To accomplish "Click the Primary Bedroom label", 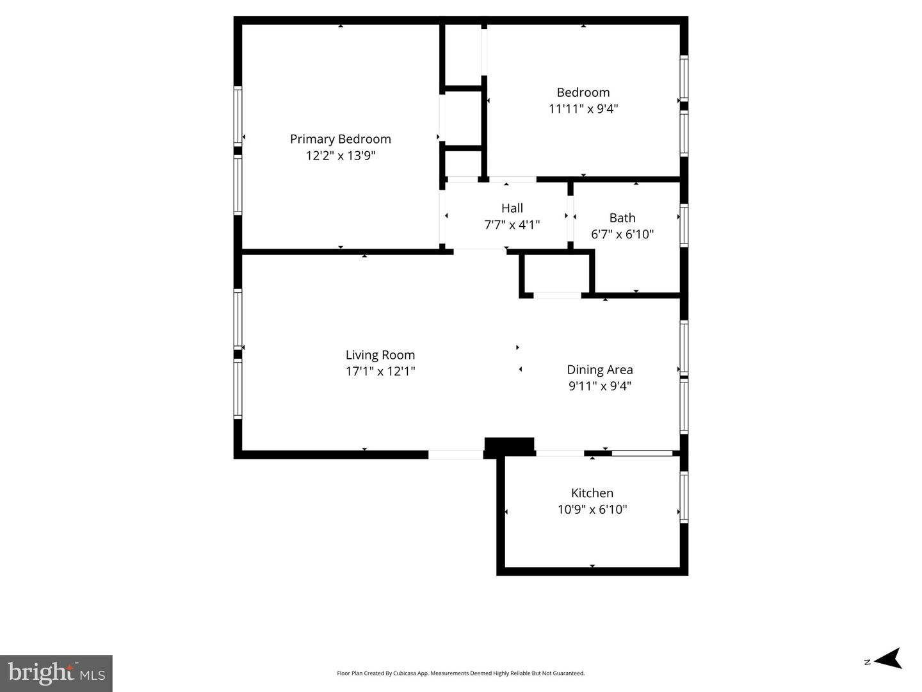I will [340, 139].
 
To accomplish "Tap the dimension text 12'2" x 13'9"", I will [340, 156].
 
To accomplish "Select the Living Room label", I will [380, 355].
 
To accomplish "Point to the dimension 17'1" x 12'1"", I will [380, 371].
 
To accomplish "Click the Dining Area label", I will [599, 370].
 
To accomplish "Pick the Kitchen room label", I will [592, 493].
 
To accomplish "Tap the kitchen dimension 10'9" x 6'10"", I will [592, 509].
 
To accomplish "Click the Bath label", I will [622, 218].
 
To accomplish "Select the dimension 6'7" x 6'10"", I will [622, 235].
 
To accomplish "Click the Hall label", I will [512, 208].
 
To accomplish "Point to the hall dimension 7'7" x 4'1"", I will [512, 225].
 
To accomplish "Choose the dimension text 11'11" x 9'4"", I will [583, 109].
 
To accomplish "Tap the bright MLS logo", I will [56, 673].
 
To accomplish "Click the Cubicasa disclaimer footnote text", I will [460, 673].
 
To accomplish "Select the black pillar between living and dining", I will [509, 446].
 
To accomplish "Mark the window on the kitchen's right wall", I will [684, 497].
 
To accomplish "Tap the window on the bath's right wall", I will [684, 225].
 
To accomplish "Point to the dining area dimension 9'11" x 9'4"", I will [599, 386].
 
